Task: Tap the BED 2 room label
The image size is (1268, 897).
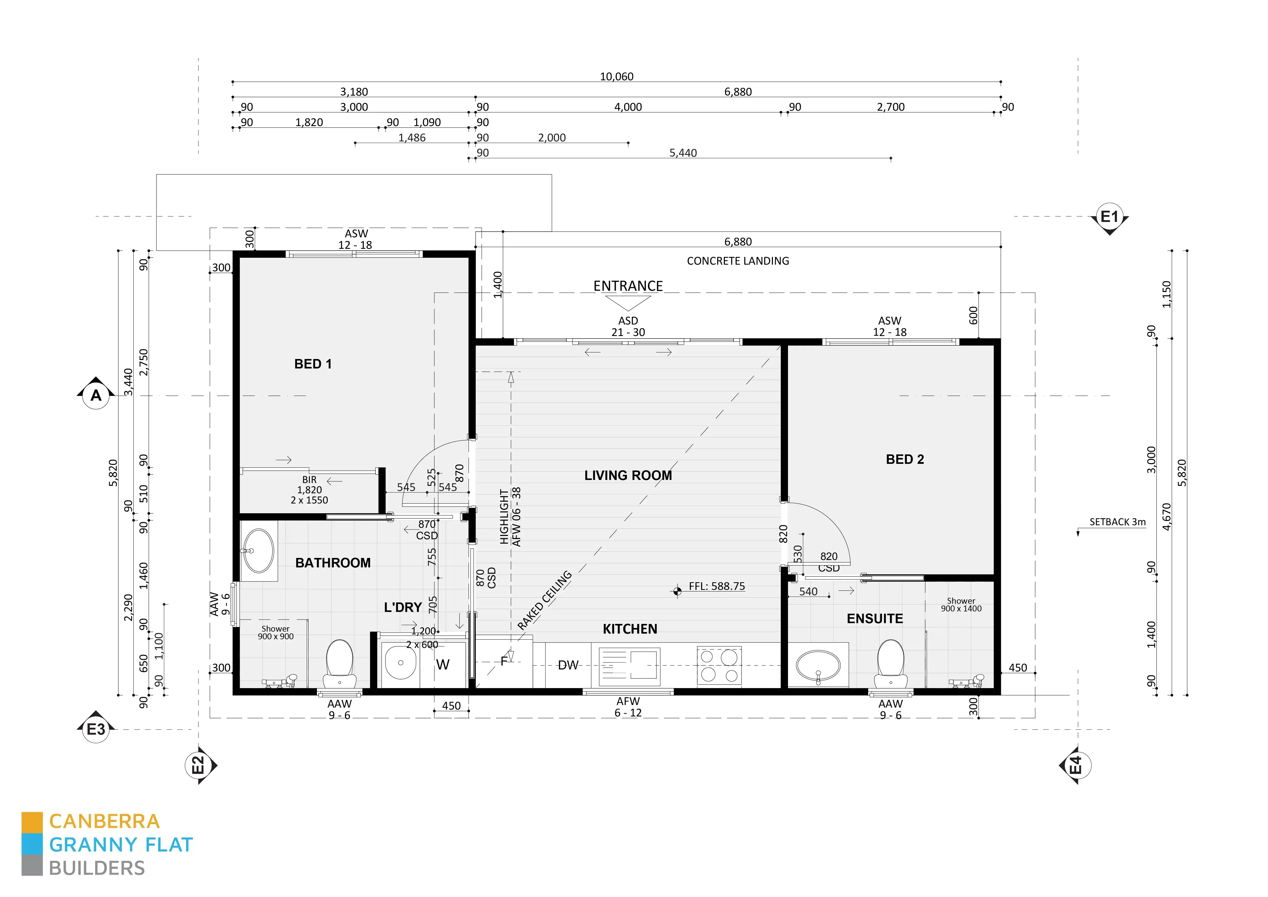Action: [905, 459]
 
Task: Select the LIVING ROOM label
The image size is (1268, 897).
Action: [628, 475]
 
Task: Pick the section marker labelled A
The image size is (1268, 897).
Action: [96, 396]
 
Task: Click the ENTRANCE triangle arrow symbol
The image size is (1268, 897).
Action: [628, 303]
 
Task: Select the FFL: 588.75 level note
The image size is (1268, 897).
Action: [716, 586]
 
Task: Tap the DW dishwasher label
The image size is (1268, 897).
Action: [568, 665]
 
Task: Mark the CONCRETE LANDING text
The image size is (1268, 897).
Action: [738, 261]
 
